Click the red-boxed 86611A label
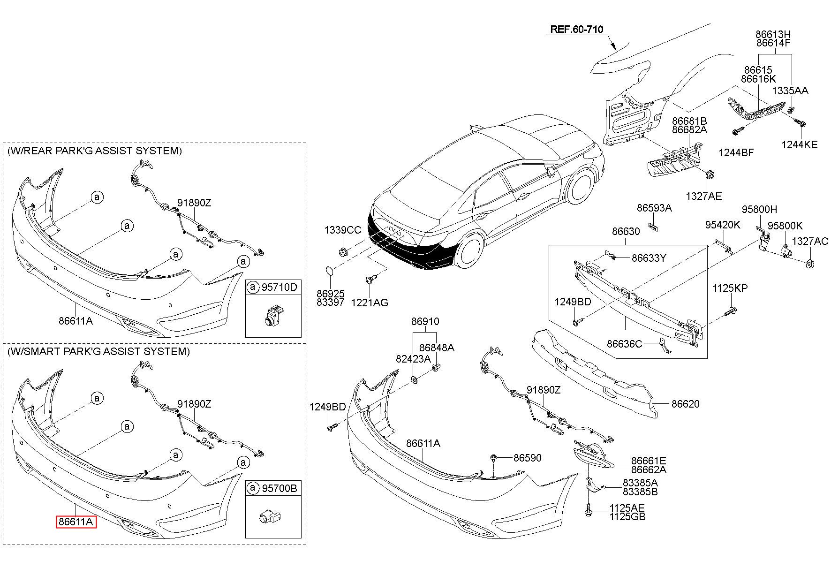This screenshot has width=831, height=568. pyautogui.click(x=76, y=522)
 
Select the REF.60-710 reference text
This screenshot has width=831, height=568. pyautogui.click(x=576, y=30)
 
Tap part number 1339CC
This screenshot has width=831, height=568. pyautogui.click(x=343, y=230)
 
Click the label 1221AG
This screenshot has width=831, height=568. pyautogui.click(x=370, y=303)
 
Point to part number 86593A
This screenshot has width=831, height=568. pyautogui.click(x=654, y=208)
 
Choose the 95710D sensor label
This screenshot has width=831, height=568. pyautogui.click(x=280, y=287)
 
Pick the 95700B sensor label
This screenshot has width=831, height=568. pyautogui.click(x=280, y=488)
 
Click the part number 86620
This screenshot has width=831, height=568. pyautogui.click(x=685, y=404)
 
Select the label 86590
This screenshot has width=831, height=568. pyautogui.click(x=527, y=458)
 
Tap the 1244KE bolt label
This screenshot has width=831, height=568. pyautogui.click(x=799, y=145)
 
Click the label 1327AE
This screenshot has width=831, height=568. pyautogui.click(x=704, y=196)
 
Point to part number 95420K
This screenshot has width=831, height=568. pyautogui.click(x=723, y=225)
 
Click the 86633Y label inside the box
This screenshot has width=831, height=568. pyautogui.click(x=649, y=258)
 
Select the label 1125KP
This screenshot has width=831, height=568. pyautogui.click(x=730, y=288)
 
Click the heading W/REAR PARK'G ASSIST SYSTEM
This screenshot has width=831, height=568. pyautogui.click(x=94, y=151)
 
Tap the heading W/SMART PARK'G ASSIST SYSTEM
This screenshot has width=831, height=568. pyautogui.click(x=98, y=351)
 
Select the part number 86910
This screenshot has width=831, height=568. pyautogui.click(x=425, y=322)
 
